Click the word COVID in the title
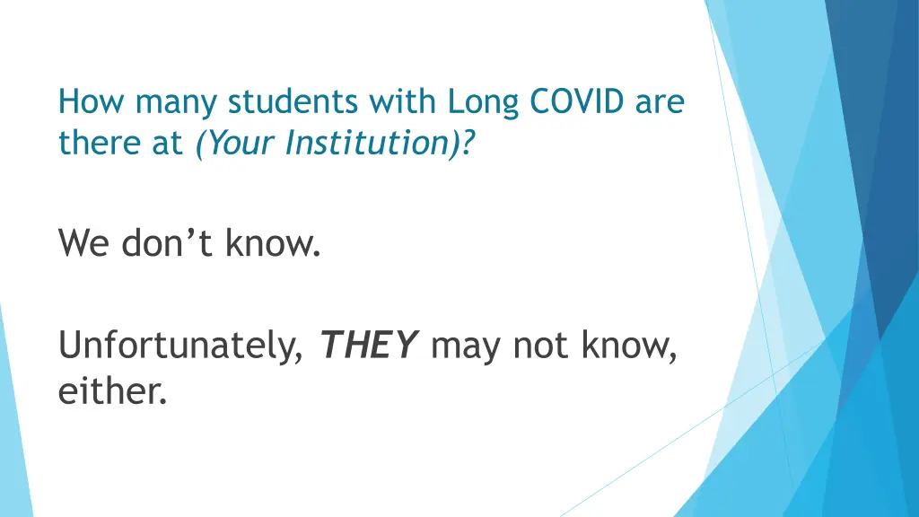[576, 103]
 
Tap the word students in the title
[293, 103]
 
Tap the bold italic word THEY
[369, 344]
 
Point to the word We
[84, 242]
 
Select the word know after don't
[274, 241]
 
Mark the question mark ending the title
[470, 143]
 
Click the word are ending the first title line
[660, 103]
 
